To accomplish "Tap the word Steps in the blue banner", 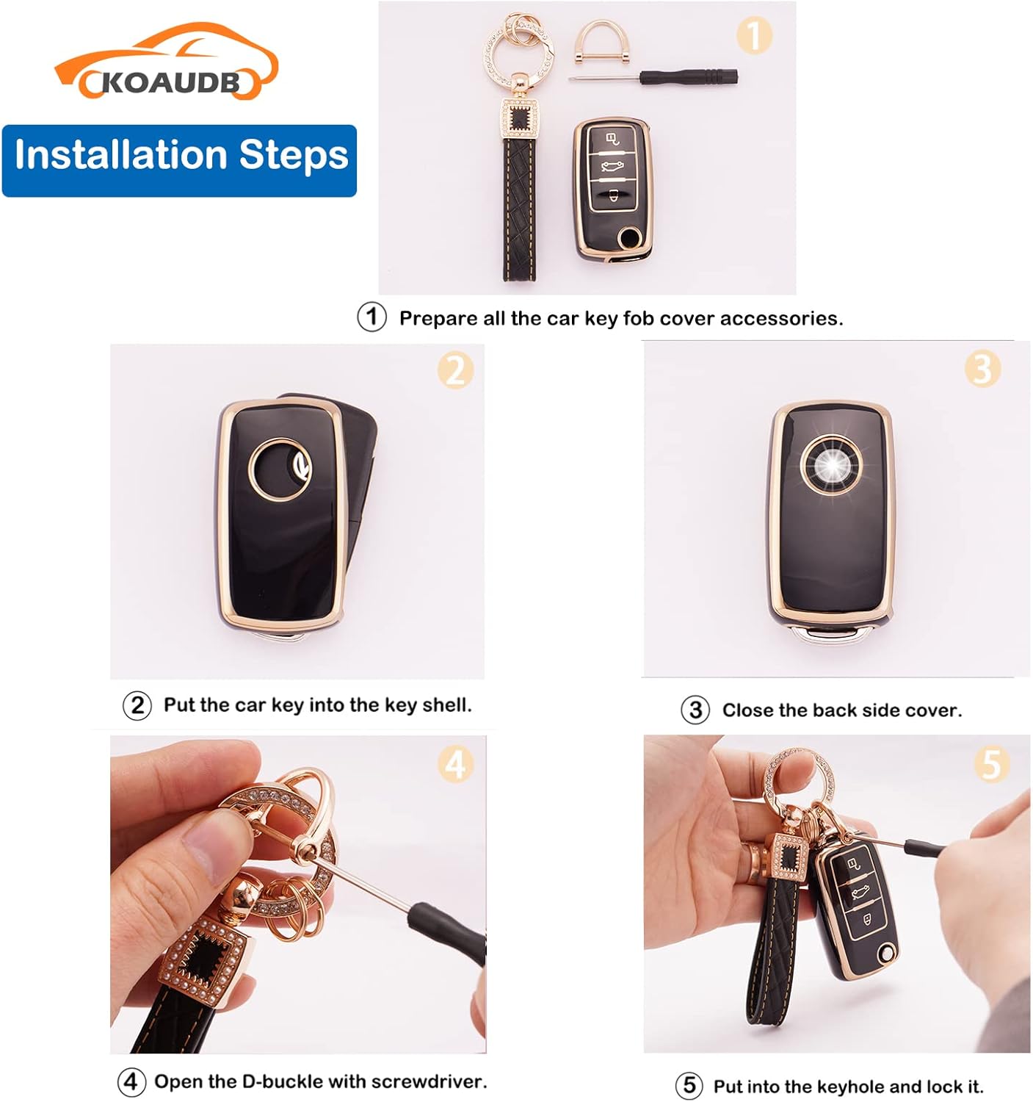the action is point(294,155).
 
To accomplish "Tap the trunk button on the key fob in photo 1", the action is point(612,166).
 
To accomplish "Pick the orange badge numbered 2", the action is point(455,371).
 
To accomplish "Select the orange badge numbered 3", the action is point(982,369).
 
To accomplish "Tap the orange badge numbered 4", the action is point(455,765).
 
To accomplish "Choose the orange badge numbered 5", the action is point(992,766).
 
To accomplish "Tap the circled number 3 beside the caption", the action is point(695,710).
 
